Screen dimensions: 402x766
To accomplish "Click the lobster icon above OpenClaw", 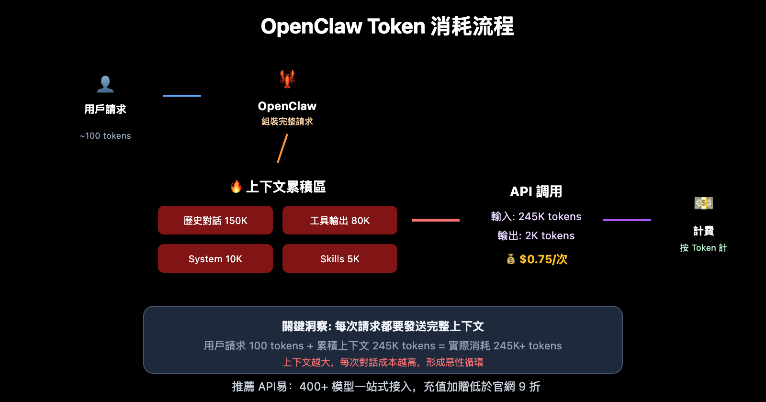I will click(x=287, y=78).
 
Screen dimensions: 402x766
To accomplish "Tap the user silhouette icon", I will click(x=105, y=84).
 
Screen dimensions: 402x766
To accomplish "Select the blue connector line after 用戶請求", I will click(x=182, y=96).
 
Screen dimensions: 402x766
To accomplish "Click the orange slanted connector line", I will click(x=282, y=148).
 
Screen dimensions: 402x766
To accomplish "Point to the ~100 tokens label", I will click(x=105, y=136).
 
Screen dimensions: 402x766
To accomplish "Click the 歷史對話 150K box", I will click(x=215, y=220).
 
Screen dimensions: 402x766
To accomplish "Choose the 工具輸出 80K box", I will click(x=340, y=220).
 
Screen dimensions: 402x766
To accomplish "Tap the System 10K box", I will click(x=215, y=258).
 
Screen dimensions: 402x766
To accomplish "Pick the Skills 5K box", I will click(x=340, y=258).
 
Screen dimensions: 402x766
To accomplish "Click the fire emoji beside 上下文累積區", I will click(x=236, y=186).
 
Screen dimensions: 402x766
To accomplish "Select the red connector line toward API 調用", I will click(x=436, y=220).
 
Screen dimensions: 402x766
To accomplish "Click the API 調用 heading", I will click(x=536, y=191).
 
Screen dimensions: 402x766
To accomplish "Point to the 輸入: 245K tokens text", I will click(x=536, y=216).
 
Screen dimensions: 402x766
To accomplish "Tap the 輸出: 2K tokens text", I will click(x=536, y=235).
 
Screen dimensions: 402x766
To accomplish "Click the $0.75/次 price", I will click(x=543, y=259).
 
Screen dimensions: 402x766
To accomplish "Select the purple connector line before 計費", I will click(x=627, y=220).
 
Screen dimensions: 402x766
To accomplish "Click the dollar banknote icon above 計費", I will click(x=704, y=203).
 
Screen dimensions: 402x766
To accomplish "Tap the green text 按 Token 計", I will click(x=703, y=248).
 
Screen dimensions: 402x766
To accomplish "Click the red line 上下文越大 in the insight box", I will click(x=383, y=362).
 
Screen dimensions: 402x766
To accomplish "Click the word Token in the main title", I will click(x=396, y=26).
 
